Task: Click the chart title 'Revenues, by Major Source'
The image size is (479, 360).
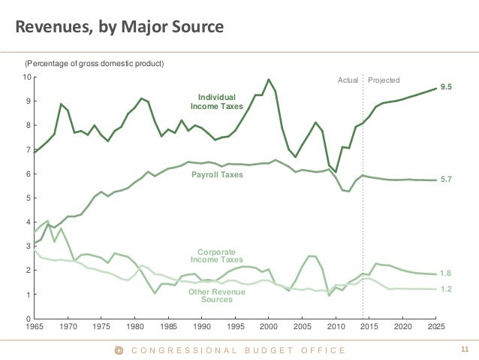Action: (x=120, y=29)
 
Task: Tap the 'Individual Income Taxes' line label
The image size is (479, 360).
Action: (x=216, y=101)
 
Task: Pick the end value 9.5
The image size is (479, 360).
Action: (x=446, y=88)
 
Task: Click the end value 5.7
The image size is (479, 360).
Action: (x=446, y=180)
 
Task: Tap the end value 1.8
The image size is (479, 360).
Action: (x=446, y=274)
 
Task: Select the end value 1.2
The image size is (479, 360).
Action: (x=446, y=289)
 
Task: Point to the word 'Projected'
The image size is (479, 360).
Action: (x=384, y=80)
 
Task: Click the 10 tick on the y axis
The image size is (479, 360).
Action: (x=26, y=77)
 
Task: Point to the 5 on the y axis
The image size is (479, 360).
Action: (x=28, y=198)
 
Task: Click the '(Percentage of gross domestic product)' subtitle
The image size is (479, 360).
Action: (x=95, y=62)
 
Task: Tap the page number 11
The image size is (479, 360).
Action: (x=464, y=349)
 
